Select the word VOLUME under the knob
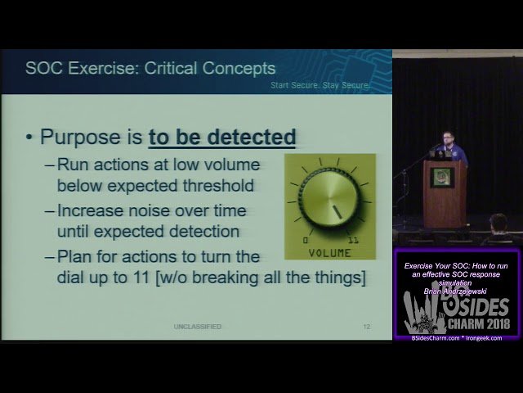point(330,252)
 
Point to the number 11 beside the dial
point(353,241)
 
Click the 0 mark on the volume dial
point(306,241)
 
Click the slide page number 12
point(366,327)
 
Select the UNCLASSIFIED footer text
point(197,327)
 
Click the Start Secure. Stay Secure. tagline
point(321,85)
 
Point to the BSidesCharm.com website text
point(434,337)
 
